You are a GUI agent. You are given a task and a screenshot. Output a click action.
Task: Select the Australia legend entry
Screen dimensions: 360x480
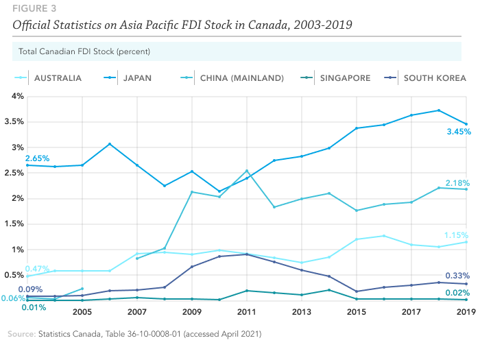[58, 78]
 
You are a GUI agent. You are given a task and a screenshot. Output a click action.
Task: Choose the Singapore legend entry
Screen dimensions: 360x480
[345, 78]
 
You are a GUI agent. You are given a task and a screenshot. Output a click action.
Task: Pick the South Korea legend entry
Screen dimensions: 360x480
[434, 78]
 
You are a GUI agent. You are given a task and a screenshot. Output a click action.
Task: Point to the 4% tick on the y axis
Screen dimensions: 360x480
[16, 96]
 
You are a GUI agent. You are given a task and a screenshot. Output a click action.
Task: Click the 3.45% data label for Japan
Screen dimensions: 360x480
[457, 132]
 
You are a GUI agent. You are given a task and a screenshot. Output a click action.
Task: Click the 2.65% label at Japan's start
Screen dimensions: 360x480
[37, 158]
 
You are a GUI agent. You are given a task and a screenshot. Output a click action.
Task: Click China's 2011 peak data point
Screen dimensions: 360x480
[247, 171]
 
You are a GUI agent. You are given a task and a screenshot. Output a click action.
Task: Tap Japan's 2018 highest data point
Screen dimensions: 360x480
[438, 110]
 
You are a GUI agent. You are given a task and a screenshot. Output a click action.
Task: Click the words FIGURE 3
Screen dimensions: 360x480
[32, 10]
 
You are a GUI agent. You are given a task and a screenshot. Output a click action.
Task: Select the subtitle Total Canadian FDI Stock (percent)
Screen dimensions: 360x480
[84, 51]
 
